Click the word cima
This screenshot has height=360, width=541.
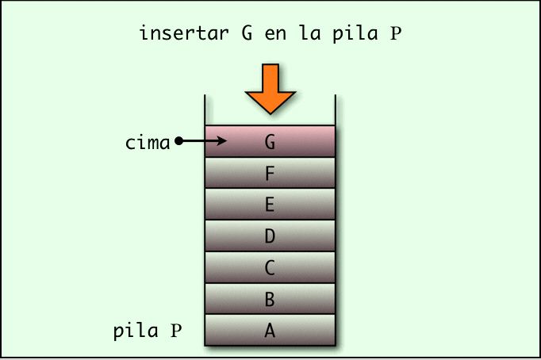click(x=148, y=143)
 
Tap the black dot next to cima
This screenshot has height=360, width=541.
click(x=178, y=142)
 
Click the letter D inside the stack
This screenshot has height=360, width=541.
click(x=270, y=236)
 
